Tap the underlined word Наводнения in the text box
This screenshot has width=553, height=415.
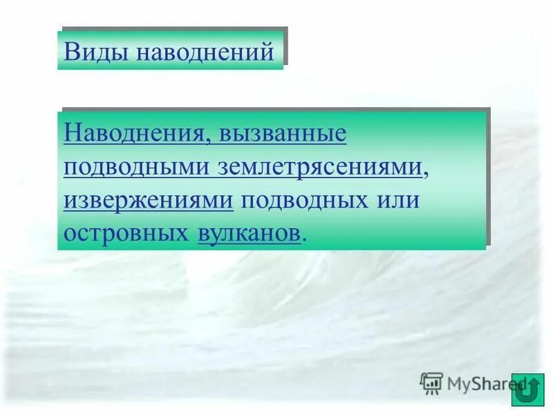point(133,133)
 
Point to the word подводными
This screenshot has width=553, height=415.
point(138,167)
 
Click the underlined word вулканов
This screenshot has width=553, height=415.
point(249,233)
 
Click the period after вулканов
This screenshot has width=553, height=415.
point(304,239)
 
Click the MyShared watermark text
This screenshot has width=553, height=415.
point(484,382)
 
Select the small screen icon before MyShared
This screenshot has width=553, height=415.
point(431,382)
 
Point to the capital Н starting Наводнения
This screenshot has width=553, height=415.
point(72,133)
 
